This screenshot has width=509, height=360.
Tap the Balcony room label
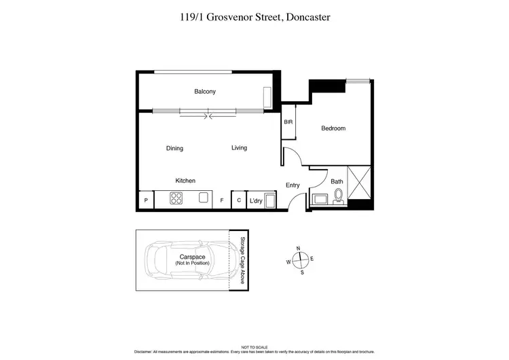204,92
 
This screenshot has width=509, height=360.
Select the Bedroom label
333,128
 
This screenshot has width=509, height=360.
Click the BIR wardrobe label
288,122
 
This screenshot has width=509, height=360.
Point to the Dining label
174,148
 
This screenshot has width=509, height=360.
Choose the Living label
239,147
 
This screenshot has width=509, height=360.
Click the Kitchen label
185,181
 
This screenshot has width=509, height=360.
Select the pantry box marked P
146,201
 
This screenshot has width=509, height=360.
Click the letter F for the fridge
221,201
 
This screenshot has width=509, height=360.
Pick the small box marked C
238,200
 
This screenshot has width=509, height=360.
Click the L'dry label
256,201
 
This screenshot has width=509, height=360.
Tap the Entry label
293,185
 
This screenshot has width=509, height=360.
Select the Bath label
337,181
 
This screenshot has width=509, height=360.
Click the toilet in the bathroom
338,197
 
